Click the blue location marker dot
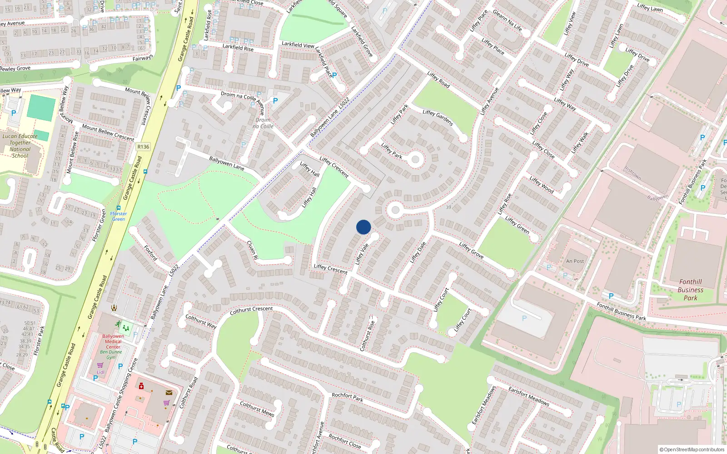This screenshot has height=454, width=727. point(363,227)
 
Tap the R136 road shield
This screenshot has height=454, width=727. point(143,147)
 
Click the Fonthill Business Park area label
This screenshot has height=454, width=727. point(690,290)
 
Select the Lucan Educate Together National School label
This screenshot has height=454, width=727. point(20,146)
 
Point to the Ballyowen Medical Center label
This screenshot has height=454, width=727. point(113,341)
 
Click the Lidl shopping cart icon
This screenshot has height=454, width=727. point(100,365)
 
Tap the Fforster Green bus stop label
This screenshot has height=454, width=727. point(119,216)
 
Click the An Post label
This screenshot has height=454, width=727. point(575,261)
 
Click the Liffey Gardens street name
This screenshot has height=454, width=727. point(438,118)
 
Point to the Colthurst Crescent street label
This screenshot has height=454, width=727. point(251,310)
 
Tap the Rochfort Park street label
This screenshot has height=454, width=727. point(347,397)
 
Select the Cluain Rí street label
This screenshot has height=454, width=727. point(252,250)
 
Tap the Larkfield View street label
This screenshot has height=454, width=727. point(298,44)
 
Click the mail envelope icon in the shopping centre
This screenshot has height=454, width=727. point(169,393)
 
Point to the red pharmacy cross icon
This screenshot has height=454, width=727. point(141,386)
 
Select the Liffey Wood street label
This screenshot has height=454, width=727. point(541,185)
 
